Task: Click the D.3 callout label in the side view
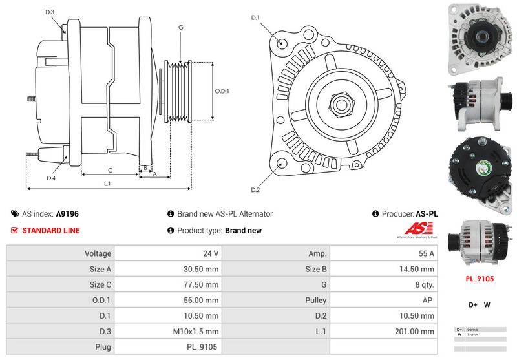pyautogui.click(x=50, y=12)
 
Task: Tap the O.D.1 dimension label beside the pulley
pyautogui.click(x=222, y=91)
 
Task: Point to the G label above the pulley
pyautogui.click(x=181, y=27)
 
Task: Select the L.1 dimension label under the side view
pyautogui.click(x=107, y=184)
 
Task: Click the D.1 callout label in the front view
pyautogui.click(x=255, y=17)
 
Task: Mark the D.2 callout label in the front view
pyautogui.click(x=255, y=189)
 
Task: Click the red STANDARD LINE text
pyautogui.click(x=51, y=230)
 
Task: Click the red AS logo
pyautogui.click(x=414, y=229)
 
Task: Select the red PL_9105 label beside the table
pyautogui.click(x=480, y=279)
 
